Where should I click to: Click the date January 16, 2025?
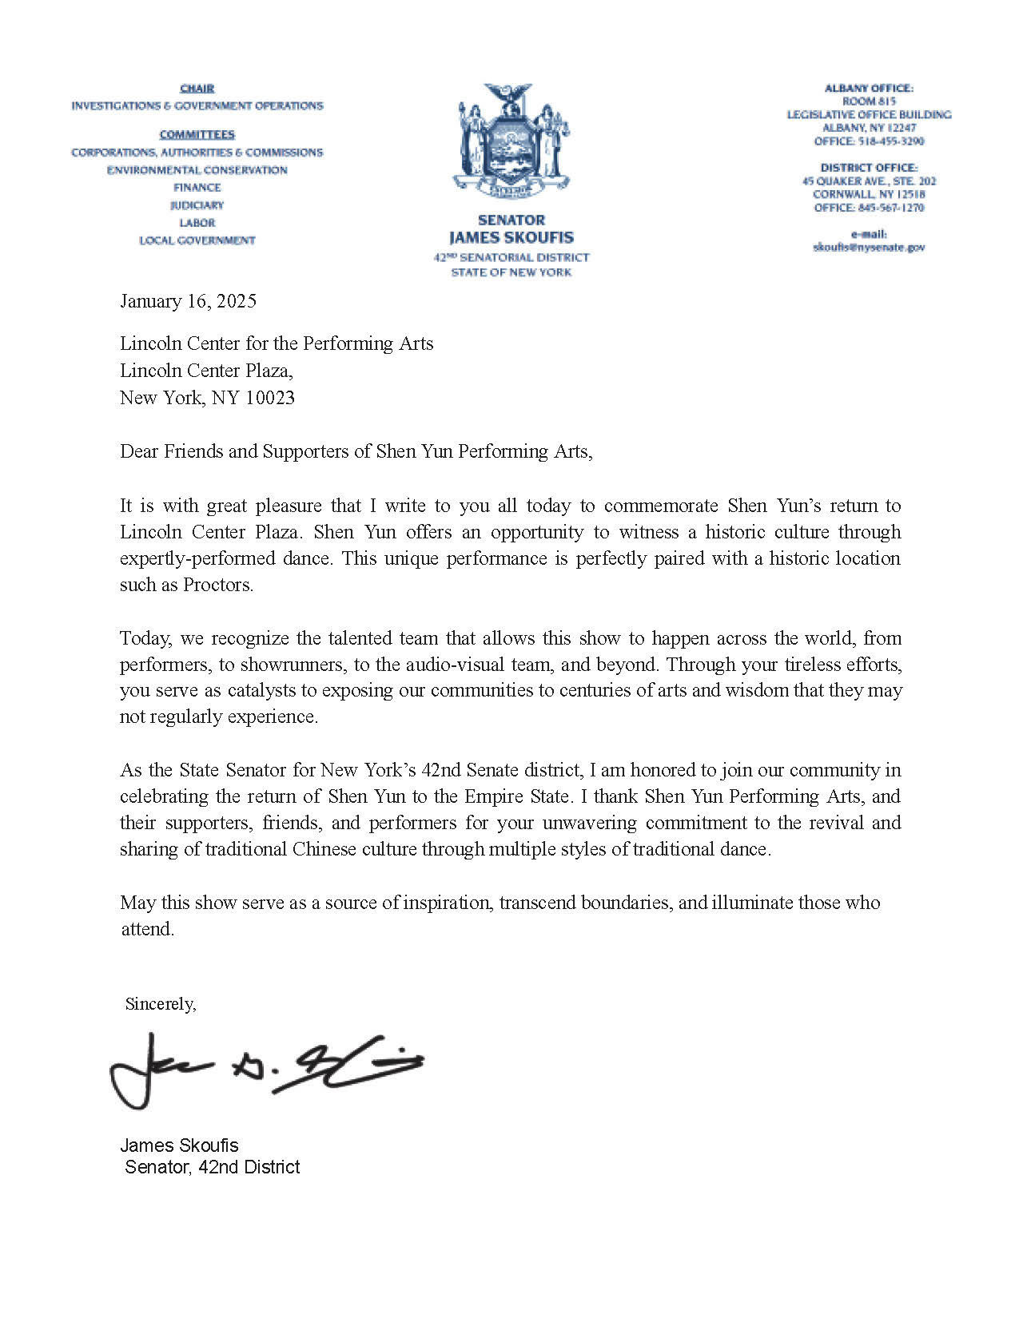pos(188,301)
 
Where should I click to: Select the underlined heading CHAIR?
pos(197,89)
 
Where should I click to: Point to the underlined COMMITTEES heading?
pos(197,134)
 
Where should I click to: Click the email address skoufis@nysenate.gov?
pos(869,248)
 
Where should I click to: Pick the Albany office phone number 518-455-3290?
pos(891,141)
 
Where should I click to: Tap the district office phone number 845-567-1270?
pos(891,208)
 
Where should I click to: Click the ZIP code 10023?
pos(269,398)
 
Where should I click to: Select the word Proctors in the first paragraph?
pos(217,585)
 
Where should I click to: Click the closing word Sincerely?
pos(160,1004)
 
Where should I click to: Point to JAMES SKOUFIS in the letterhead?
pos(511,237)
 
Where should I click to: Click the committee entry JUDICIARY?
pos(197,205)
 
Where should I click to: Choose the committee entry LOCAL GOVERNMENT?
pos(197,240)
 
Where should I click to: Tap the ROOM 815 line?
pos(869,101)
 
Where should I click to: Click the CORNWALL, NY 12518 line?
pos(869,194)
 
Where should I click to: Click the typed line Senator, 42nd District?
pos(213,1167)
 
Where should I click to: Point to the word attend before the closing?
pos(146,929)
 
